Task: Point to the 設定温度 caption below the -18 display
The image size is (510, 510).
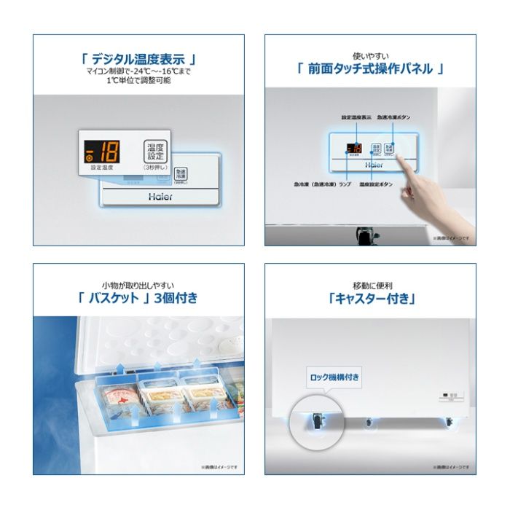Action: [x=101, y=168]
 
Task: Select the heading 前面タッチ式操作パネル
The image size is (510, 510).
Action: [x=370, y=69]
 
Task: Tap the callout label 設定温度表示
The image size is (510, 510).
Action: [x=356, y=117]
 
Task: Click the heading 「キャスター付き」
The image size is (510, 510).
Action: [x=371, y=298]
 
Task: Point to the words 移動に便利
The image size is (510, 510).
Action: [x=371, y=284]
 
